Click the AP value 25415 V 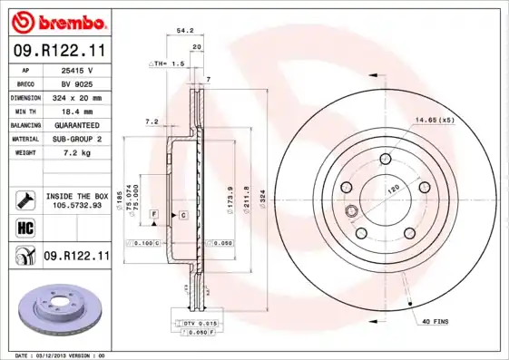(77, 70)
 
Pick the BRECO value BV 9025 (77, 83)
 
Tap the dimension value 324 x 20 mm (77, 97)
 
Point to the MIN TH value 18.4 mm (77, 111)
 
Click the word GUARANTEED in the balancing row (77, 125)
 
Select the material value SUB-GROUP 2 (77, 139)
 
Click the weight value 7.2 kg (77, 153)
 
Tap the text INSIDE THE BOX (77, 196)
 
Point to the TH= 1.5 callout (167, 64)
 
